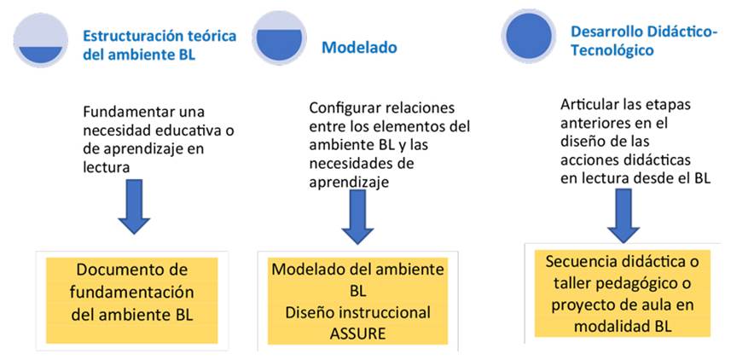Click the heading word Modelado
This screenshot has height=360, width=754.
click(359, 48)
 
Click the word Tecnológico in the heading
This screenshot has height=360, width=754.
click(612, 50)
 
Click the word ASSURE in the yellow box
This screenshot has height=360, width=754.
click(357, 331)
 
